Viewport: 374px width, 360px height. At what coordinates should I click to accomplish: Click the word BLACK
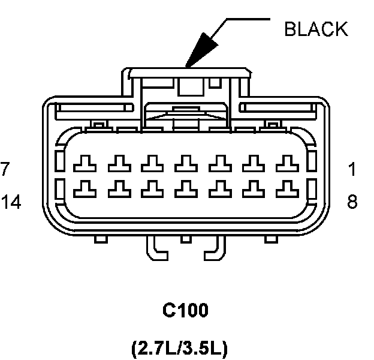click(315, 29)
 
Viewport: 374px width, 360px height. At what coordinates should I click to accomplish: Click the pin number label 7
click(5, 169)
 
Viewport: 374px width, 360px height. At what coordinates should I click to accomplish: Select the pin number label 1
click(352, 169)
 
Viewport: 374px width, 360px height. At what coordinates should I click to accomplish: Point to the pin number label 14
click(11, 202)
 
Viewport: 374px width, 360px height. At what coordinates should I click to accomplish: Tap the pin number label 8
click(352, 202)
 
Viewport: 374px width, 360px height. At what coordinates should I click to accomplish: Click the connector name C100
click(186, 311)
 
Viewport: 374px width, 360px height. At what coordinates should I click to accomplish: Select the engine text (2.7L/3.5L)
click(179, 348)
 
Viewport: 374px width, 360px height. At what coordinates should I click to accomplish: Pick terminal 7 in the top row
click(85, 162)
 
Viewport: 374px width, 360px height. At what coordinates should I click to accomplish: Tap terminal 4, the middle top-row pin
click(186, 162)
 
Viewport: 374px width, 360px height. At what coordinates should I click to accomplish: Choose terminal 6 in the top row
click(119, 162)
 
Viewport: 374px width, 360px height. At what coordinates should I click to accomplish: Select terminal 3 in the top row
click(221, 162)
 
